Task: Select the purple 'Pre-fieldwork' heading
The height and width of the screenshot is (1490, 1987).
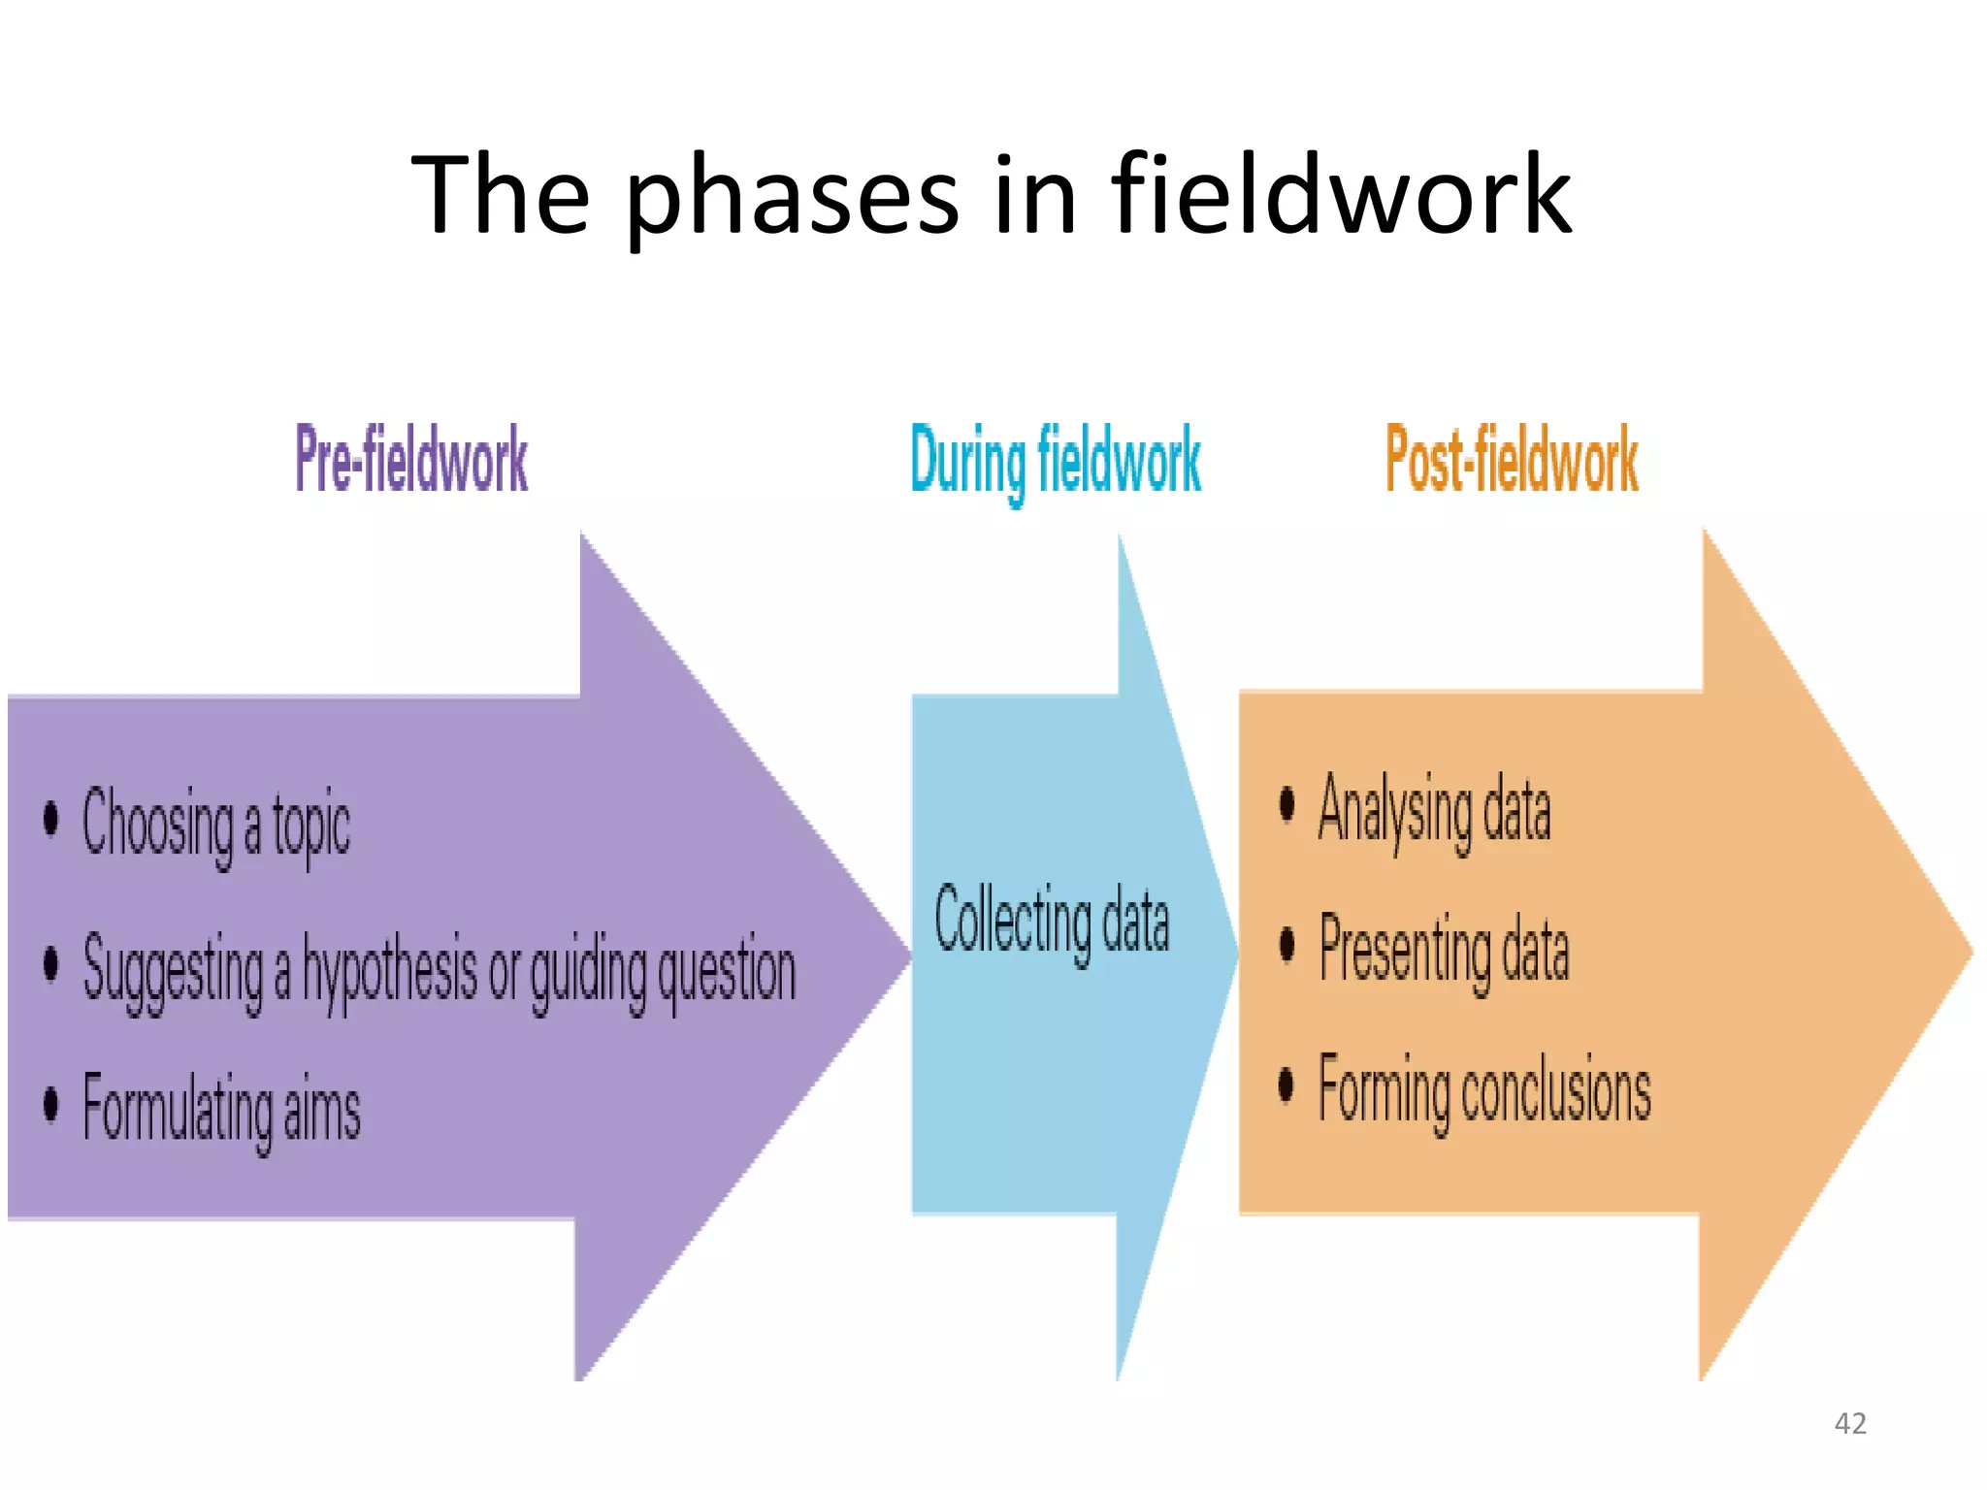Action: (411, 460)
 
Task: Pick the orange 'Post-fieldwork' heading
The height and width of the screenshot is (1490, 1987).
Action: (1512, 460)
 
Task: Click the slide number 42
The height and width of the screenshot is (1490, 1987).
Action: (1850, 1423)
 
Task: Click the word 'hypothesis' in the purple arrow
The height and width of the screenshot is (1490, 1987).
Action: (389, 969)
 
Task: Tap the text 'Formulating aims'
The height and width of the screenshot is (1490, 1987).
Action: (221, 1109)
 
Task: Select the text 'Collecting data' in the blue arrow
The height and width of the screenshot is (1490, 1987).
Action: (1052, 920)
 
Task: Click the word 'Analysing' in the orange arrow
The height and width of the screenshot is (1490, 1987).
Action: (1394, 810)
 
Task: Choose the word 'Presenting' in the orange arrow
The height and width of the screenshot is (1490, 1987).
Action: (1405, 950)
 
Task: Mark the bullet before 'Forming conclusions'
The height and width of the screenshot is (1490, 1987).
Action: (1287, 1085)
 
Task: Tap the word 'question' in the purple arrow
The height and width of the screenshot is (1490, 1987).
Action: (727, 971)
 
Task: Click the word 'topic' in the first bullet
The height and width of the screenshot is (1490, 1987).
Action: (311, 826)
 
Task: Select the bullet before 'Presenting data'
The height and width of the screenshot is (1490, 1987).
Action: (1287, 944)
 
